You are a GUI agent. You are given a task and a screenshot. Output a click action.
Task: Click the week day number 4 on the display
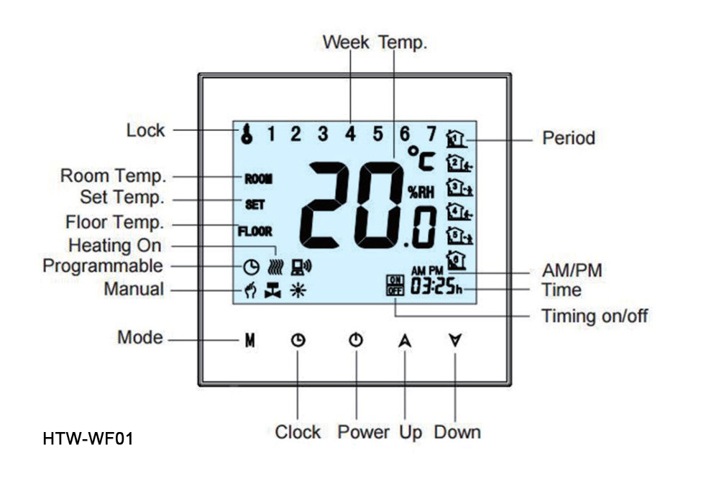pos(350,133)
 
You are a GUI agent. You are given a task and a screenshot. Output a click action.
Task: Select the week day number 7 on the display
pos(431,133)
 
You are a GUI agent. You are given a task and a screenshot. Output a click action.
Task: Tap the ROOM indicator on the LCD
pos(258,178)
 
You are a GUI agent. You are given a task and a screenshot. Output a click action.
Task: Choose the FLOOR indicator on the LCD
pos(255,231)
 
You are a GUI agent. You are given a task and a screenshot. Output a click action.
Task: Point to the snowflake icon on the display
pos(296,290)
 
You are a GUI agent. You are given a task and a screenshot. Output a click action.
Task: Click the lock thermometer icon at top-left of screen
pos(247,134)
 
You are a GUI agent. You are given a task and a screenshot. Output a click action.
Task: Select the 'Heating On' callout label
pos(114,245)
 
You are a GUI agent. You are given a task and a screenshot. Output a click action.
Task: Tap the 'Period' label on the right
pos(568,137)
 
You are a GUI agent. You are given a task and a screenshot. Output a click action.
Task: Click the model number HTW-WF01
pos(88,438)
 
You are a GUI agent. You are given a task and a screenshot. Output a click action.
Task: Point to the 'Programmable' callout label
pos(103,266)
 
